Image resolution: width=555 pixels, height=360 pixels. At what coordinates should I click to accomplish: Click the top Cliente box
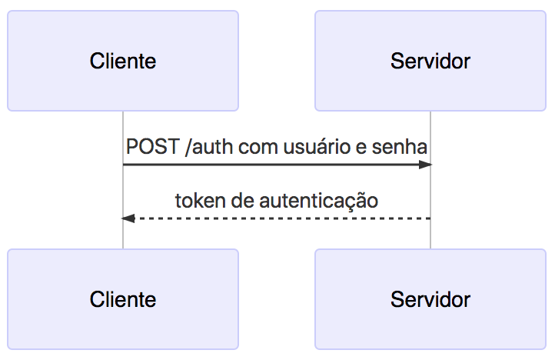123,61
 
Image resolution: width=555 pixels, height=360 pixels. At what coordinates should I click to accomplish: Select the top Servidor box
430,61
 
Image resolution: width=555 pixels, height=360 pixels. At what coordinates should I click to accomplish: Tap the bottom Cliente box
123,298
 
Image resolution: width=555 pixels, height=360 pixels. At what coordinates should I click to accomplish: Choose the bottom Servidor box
430,298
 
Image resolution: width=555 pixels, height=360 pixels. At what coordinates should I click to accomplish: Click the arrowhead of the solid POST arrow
424,165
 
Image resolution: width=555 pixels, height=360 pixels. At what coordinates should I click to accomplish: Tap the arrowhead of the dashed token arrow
128,218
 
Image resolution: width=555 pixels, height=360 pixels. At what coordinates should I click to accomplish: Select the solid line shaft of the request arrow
269,165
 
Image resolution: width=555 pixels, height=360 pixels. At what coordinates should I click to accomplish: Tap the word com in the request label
255,146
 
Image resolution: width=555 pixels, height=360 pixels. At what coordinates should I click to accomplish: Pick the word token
197,201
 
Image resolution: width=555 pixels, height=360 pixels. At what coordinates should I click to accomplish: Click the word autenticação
318,201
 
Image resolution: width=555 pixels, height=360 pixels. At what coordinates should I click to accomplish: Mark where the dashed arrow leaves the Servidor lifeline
430,218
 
